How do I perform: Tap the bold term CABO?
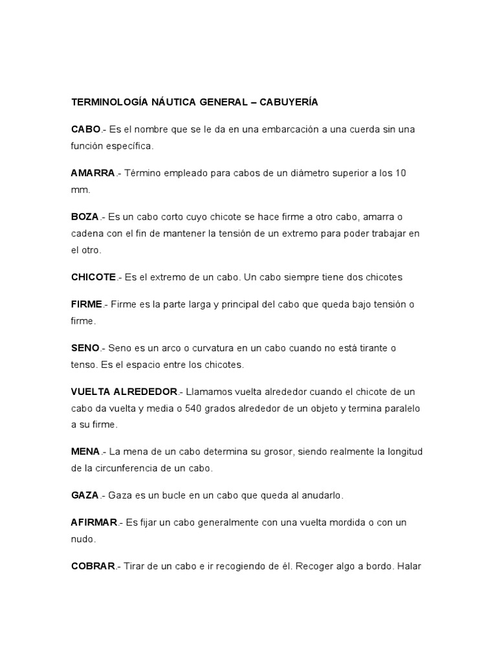point(85,129)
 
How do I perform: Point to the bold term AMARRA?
point(93,174)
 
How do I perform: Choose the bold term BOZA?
point(85,217)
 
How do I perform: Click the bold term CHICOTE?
point(93,277)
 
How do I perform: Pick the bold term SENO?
point(85,348)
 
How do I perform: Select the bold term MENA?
point(85,451)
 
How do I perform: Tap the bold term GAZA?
point(85,495)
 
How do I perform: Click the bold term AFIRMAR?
point(94,522)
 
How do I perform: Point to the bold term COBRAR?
point(93,566)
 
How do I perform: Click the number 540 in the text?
point(195,409)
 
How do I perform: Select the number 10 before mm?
point(401,174)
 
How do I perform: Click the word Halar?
point(410,566)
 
